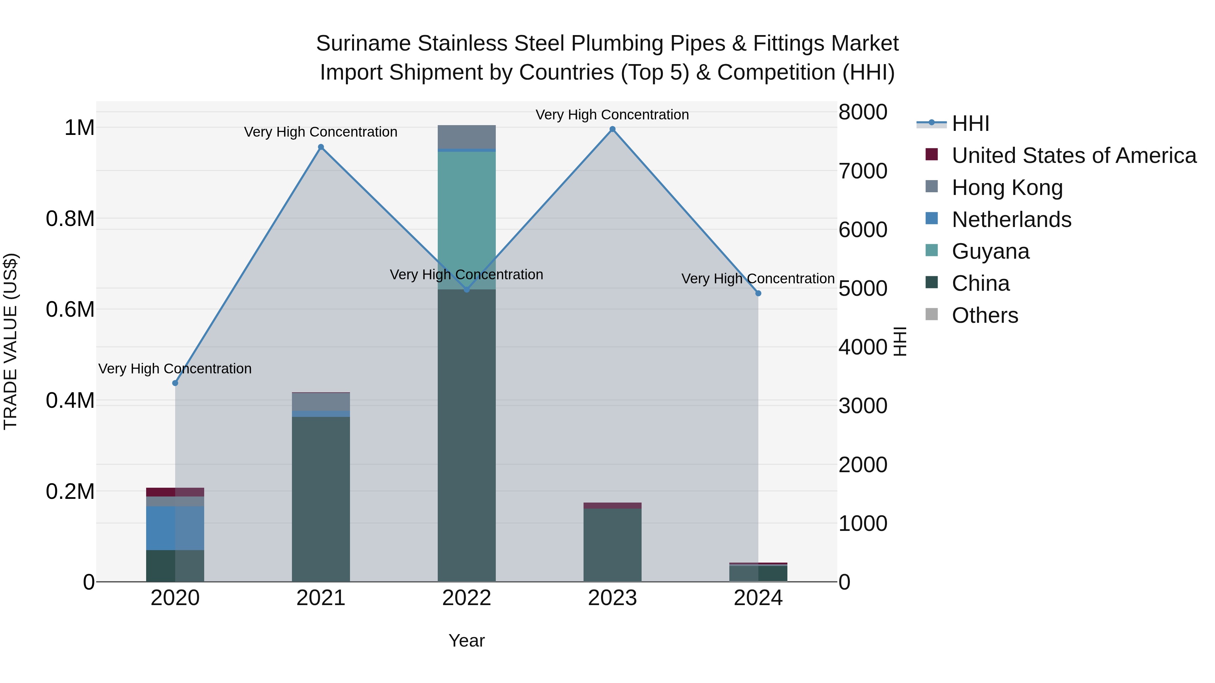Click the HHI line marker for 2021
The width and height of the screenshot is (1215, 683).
pos(321,147)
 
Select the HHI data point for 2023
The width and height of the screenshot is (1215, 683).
pos(612,129)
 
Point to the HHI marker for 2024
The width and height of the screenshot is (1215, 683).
pos(758,293)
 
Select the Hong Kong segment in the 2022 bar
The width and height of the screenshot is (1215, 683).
pos(466,137)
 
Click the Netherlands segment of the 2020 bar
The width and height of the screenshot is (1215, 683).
pos(175,528)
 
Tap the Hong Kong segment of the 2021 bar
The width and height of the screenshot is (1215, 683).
pos(321,402)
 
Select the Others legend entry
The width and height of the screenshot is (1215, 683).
pos(984,315)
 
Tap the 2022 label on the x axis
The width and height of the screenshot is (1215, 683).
pos(466,598)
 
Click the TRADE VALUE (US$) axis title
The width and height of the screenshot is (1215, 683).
pos(10,341)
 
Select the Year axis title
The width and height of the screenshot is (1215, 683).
pos(466,641)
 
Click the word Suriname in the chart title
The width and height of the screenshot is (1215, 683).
pos(363,44)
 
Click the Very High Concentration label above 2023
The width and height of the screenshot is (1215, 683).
pos(612,115)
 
